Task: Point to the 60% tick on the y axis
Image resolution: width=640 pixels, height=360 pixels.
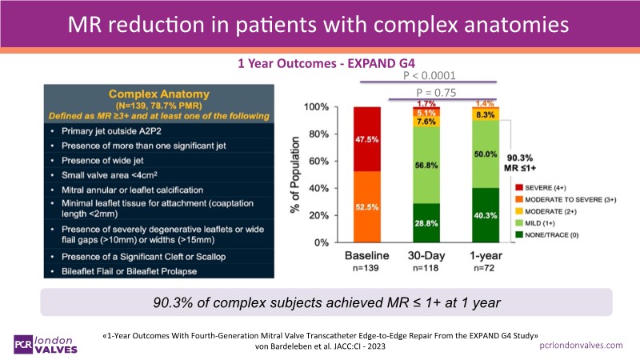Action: click(x=318, y=161)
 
